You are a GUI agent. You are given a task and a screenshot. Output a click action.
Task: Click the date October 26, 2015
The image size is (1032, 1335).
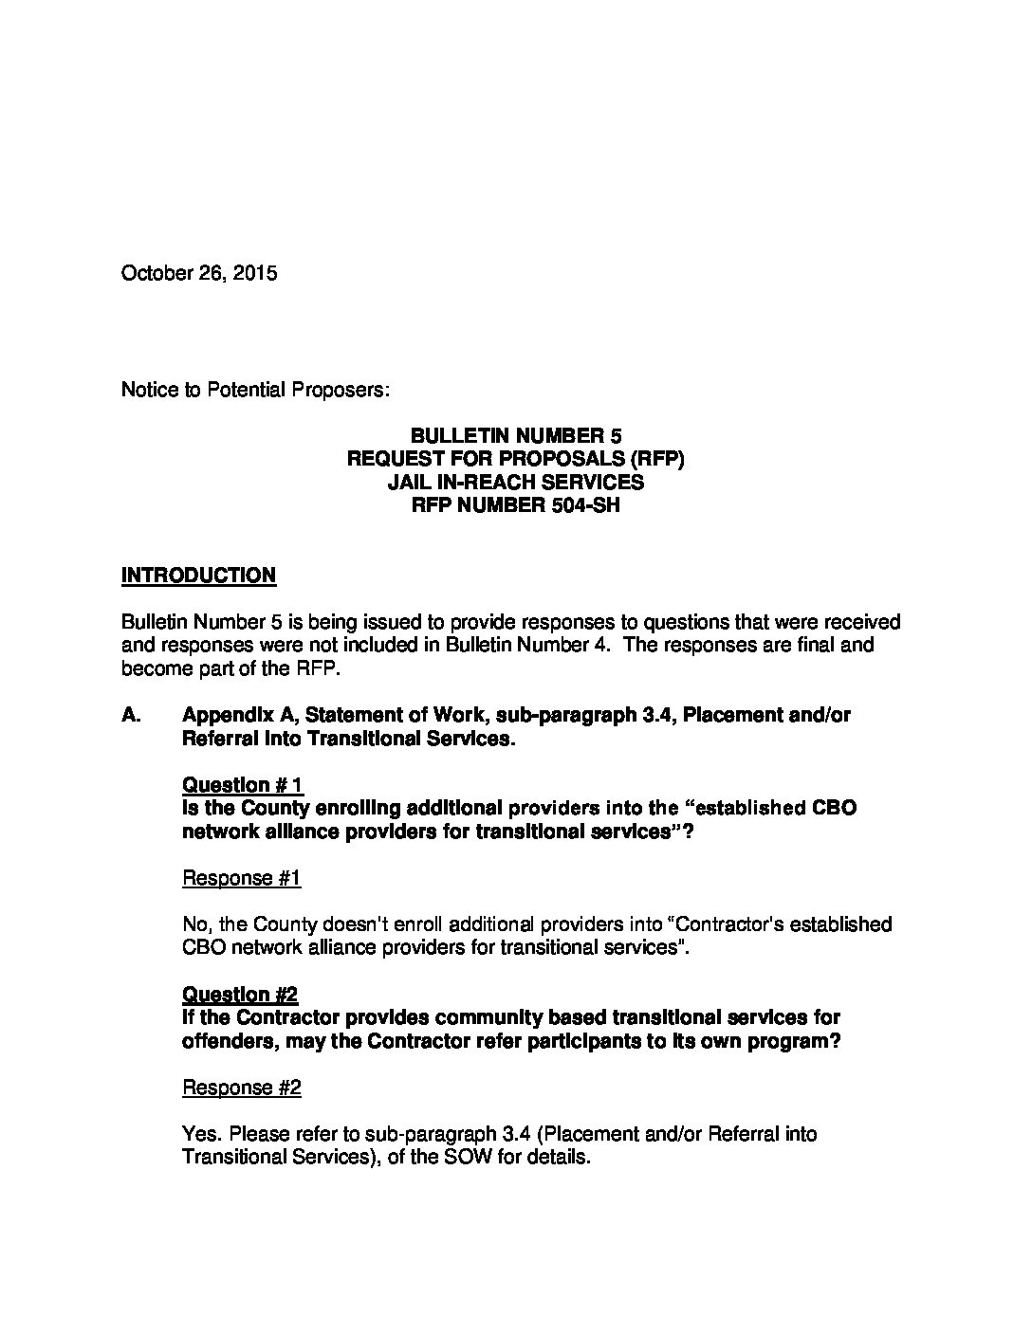[x=199, y=274]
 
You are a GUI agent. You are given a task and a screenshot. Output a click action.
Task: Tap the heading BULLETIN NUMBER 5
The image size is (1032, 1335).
[x=516, y=436]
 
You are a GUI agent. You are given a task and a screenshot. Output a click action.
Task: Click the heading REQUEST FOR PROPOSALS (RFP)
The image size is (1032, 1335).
[x=516, y=459]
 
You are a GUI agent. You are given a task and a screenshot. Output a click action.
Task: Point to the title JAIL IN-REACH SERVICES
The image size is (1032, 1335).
[x=516, y=482]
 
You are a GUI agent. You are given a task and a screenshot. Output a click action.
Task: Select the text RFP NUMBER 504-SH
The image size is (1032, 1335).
[x=516, y=505]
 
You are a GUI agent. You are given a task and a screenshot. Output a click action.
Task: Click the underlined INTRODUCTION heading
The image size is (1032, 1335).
[x=198, y=576]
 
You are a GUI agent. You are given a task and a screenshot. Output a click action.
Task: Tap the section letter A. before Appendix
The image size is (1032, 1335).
[x=132, y=716]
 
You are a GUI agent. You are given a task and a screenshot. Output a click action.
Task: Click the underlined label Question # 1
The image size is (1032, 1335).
[x=242, y=785]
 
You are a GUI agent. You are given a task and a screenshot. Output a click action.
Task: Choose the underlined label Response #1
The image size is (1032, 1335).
[x=241, y=878]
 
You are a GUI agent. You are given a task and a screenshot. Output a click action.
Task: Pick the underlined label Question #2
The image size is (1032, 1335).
[x=239, y=995]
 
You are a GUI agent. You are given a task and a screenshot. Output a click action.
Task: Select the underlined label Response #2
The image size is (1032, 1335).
[x=241, y=1088]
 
